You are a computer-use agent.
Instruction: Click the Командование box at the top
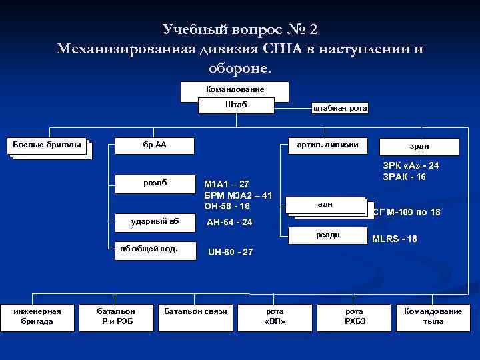coord(235,89)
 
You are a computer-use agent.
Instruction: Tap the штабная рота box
coord(340,108)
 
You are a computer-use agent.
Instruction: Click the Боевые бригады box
coord(47,145)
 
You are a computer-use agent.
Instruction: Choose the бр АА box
coord(155,145)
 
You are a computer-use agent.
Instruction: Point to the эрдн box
coord(419,146)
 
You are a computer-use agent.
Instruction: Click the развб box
coord(155,183)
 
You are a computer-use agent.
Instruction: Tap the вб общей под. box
coord(155,249)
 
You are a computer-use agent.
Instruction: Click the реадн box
coord(327,235)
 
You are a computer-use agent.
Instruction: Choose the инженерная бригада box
coord(39,316)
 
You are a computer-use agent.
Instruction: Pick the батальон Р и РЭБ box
coord(116,316)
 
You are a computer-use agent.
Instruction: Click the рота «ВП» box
coord(275,316)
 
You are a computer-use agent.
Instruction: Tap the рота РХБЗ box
coord(354,316)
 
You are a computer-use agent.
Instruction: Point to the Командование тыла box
coord(433,316)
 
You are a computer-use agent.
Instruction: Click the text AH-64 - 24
coord(230,222)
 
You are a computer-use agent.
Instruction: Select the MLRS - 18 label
coord(395,239)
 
